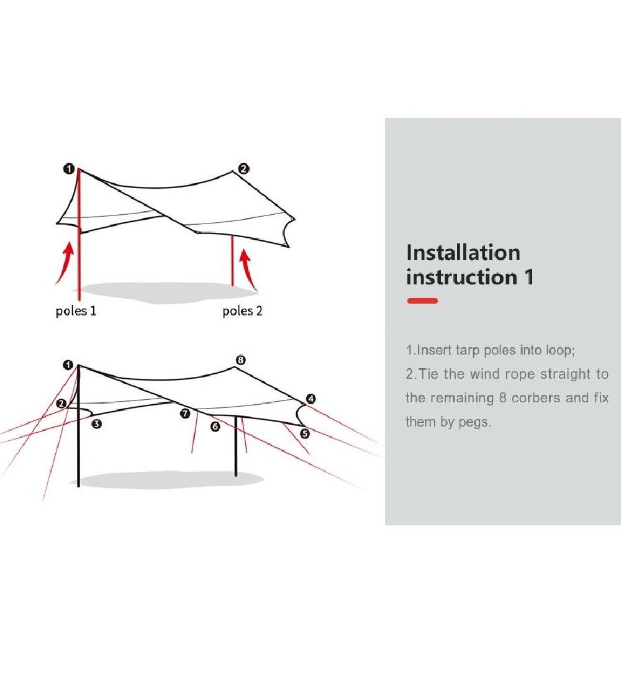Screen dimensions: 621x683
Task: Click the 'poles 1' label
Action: tap(76, 311)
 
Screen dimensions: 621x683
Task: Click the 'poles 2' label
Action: tap(242, 311)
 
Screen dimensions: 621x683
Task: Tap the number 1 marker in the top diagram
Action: tap(69, 168)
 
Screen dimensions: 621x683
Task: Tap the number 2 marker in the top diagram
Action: tap(243, 168)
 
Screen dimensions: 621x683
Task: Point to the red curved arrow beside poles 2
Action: tap(248, 269)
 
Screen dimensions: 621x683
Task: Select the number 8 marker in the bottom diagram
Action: tap(240, 360)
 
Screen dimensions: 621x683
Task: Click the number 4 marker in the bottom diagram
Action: tap(310, 399)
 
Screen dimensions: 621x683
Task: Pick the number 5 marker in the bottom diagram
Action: tap(305, 433)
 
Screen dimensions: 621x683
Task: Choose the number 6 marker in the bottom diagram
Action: tap(215, 427)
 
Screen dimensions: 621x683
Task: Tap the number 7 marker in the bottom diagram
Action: tap(185, 414)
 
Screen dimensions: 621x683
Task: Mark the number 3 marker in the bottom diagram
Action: tap(97, 423)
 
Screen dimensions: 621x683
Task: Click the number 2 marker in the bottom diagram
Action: tap(61, 404)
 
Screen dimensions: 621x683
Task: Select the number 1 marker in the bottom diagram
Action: tap(68, 364)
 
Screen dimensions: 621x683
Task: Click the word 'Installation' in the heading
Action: tap(463, 253)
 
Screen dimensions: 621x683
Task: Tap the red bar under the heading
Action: tap(422, 301)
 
